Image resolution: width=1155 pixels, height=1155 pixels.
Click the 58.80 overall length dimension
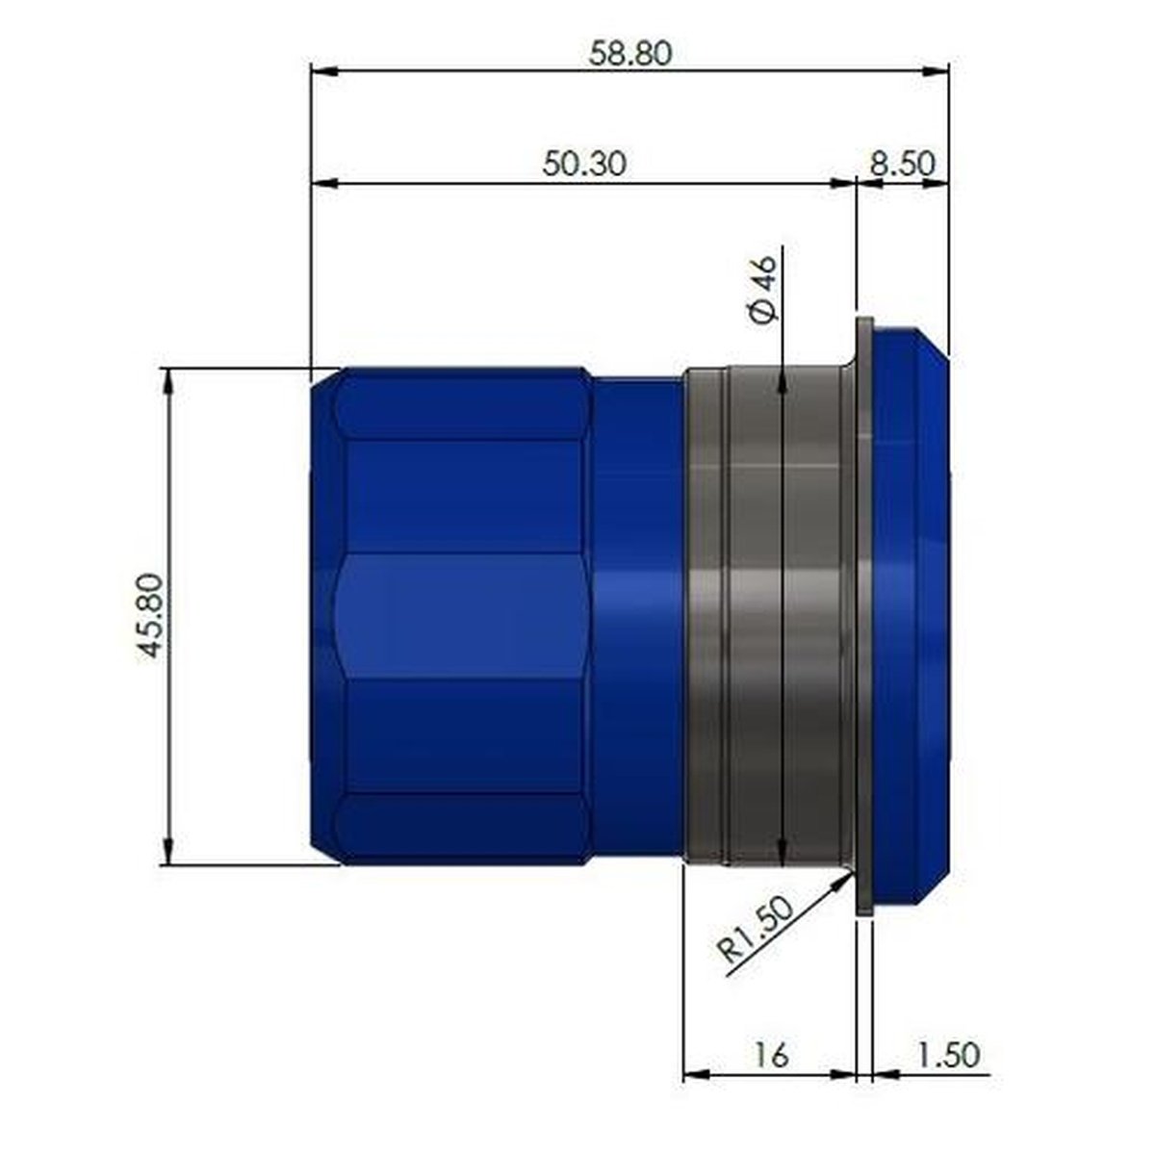pyautogui.click(x=630, y=53)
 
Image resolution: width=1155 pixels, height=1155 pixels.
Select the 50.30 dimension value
pyautogui.click(x=584, y=164)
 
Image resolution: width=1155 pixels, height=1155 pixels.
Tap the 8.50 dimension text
pyautogui.click(x=903, y=164)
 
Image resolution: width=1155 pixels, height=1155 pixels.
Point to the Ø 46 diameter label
pyautogui.click(x=764, y=289)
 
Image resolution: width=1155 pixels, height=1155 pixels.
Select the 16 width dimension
pyautogui.click(x=770, y=1054)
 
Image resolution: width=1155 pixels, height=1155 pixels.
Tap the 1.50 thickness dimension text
pyautogui.click(x=948, y=1054)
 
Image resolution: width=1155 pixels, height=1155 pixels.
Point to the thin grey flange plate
pyautogui.click(x=865, y=616)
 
